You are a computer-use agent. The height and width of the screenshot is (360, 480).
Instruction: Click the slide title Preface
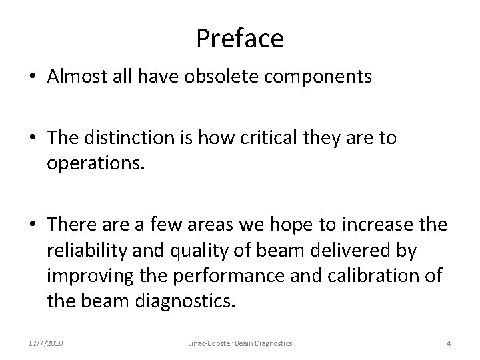(x=240, y=39)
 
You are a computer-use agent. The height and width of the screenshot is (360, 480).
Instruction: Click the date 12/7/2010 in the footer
(x=45, y=343)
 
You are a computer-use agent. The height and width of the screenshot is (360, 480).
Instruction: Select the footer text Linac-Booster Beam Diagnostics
(x=239, y=343)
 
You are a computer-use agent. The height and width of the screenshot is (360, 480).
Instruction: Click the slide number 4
(x=449, y=343)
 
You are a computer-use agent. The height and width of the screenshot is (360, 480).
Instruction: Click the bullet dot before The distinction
(x=31, y=138)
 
